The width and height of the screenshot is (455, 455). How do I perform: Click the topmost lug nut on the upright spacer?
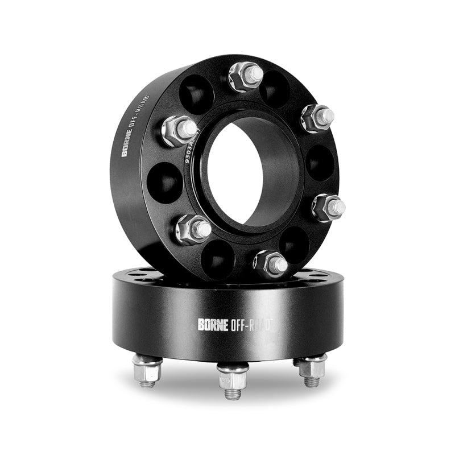(x=246, y=76)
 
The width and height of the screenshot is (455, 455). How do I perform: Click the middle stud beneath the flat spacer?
(x=233, y=379)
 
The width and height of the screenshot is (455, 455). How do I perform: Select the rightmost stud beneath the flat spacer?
(x=312, y=369)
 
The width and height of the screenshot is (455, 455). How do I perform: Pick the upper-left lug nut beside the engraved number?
(x=179, y=130)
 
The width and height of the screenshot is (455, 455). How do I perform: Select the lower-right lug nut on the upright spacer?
(x=328, y=206)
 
